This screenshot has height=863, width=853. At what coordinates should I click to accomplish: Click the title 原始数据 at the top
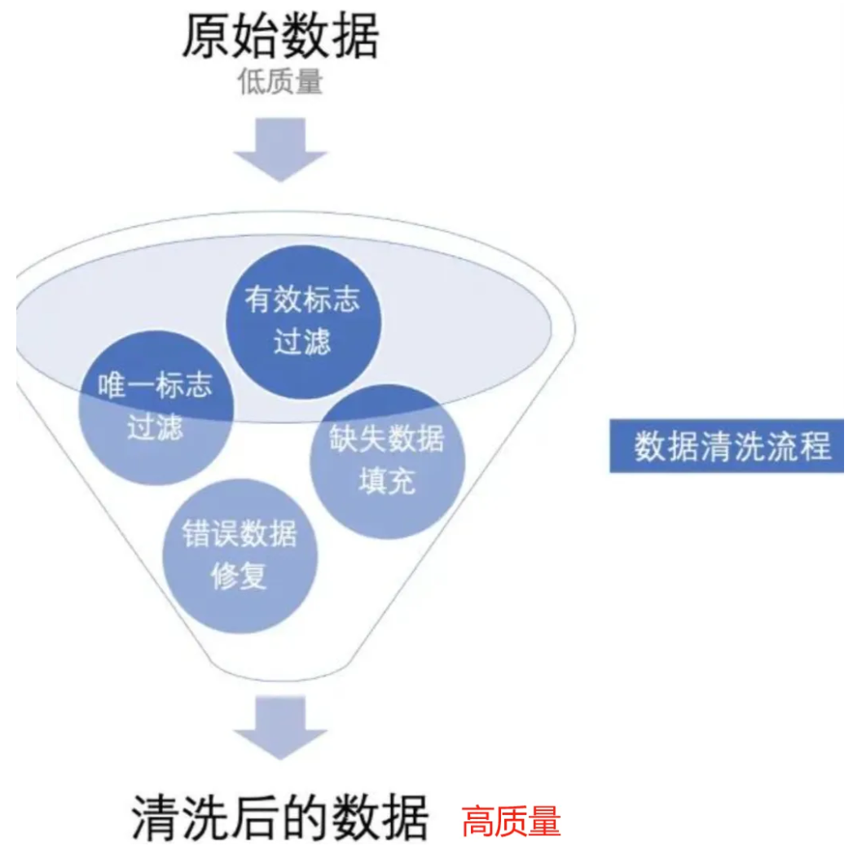click(279, 37)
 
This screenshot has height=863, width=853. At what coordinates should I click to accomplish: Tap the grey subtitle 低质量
click(279, 81)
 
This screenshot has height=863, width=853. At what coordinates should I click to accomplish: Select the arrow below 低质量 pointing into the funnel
click(280, 149)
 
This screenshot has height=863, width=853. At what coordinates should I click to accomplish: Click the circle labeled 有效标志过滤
click(301, 321)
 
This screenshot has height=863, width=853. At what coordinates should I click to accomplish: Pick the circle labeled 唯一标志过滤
click(156, 407)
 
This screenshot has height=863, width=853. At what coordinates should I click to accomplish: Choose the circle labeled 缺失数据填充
click(388, 460)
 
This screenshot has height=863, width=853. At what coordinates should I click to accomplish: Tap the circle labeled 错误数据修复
click(240, 556)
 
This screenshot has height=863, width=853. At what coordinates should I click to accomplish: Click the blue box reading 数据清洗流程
click(732, 446)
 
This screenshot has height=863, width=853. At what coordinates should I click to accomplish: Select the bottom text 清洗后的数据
click(279, 817)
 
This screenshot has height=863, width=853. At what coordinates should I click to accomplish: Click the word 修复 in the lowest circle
click(239, 577)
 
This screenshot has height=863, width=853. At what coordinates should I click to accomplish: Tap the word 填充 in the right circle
click(388, 481)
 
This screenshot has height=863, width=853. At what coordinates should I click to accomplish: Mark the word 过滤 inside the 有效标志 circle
click(301, 343)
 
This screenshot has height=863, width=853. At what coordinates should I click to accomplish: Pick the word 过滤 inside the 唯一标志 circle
click(155, 428)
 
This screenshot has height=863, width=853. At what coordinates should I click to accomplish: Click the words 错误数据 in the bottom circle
click(240, 535)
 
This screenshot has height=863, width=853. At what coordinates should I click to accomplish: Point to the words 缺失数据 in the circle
click(388, 439)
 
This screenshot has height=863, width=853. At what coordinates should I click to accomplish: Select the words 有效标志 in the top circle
click(301, 300)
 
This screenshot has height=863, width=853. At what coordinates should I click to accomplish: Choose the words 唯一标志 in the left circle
click(156, 386)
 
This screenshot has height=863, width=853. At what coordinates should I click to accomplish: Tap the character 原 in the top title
click(204, 37)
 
